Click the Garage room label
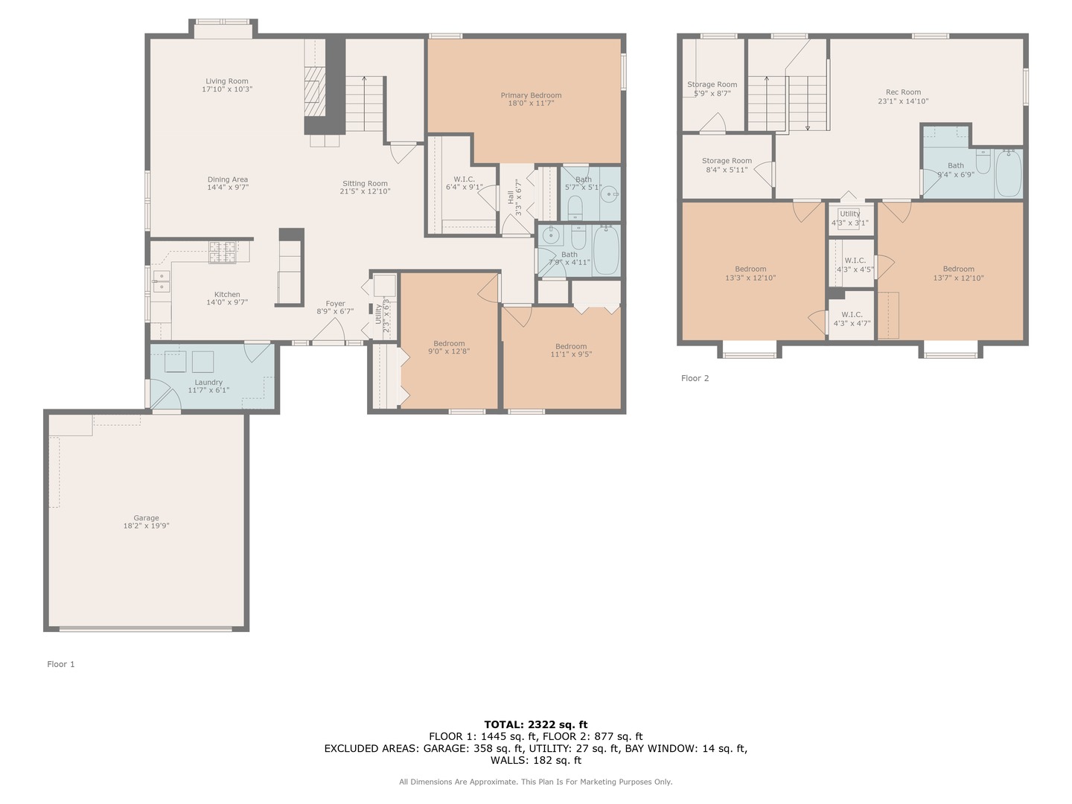(x=146, y=518)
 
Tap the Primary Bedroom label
(x=531, y=95)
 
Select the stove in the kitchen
(x=222, y=252)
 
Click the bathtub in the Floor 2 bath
(x=1008, y=173)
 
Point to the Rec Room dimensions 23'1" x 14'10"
(x=903, y=101)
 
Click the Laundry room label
(x=208, y=382)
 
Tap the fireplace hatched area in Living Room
(x=315, y=92)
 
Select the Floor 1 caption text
(x=60, y=664)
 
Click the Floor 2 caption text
(x=695, y=378)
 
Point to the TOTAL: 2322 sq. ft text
(x=536, y=724)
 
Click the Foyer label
(x=336, y=304)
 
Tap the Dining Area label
(x=228, y=179)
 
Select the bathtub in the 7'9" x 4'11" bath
(x=606, y=250)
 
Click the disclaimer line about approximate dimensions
(x=536, y=782)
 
